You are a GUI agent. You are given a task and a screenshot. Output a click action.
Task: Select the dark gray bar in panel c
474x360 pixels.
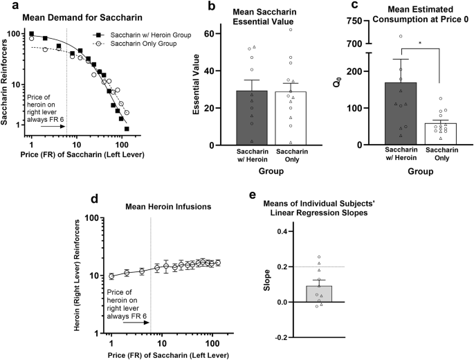401,114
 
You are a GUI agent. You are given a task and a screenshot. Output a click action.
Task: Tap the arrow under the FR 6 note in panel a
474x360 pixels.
53,127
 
